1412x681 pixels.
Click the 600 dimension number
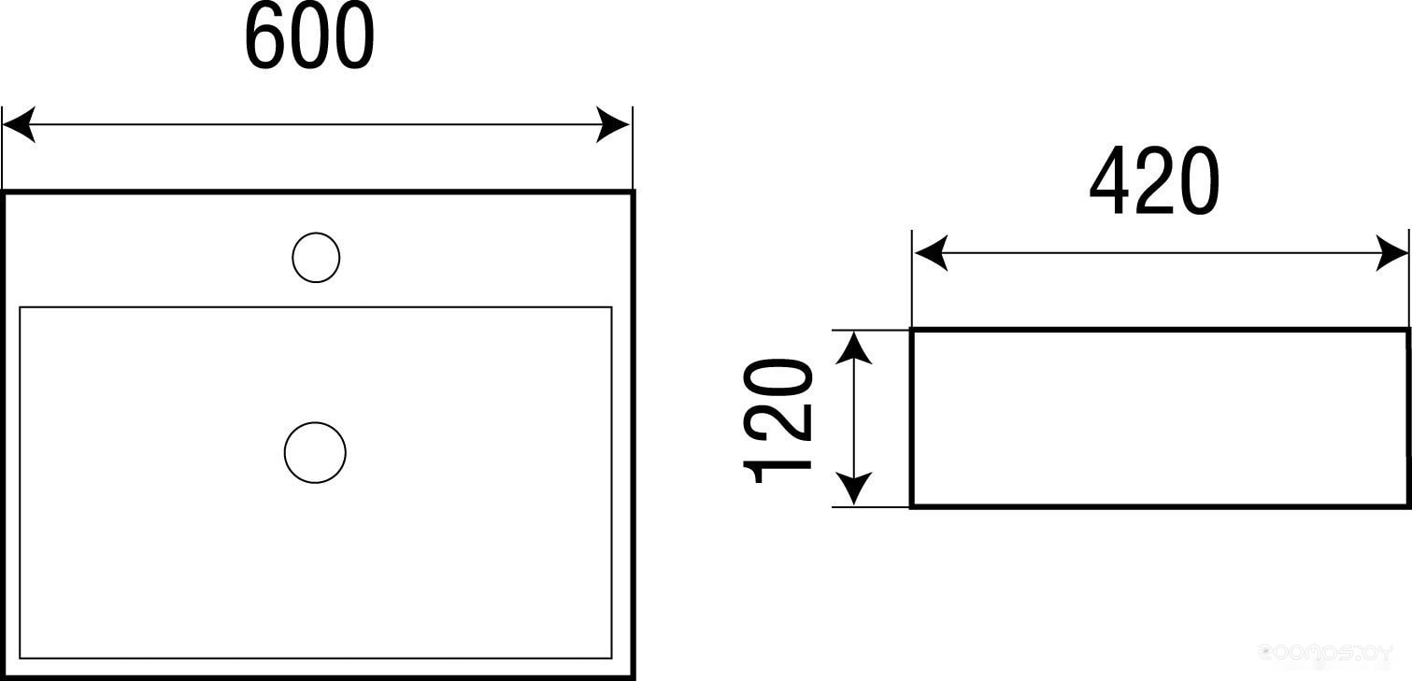point(309,37)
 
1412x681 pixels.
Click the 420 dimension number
point(1155,181)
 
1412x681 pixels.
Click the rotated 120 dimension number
point(777,419)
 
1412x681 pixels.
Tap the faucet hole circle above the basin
point(316,257)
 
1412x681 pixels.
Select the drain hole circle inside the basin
point(315,452)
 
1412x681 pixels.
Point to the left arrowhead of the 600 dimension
point(19,124)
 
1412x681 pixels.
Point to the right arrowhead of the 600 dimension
point(614,124)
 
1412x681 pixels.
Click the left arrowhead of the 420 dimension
point(931,253)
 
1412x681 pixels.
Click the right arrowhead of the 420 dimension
point(1391,253)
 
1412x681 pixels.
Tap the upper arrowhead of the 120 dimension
point(852,347)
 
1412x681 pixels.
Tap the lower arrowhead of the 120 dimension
point(852,489)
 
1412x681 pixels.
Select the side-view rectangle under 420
point(1159,418)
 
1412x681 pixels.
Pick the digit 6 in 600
point(265,37)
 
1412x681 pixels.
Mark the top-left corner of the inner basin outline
point(20,306)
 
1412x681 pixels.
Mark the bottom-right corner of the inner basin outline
point(611,659)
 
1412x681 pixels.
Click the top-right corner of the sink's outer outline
point(633,192)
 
